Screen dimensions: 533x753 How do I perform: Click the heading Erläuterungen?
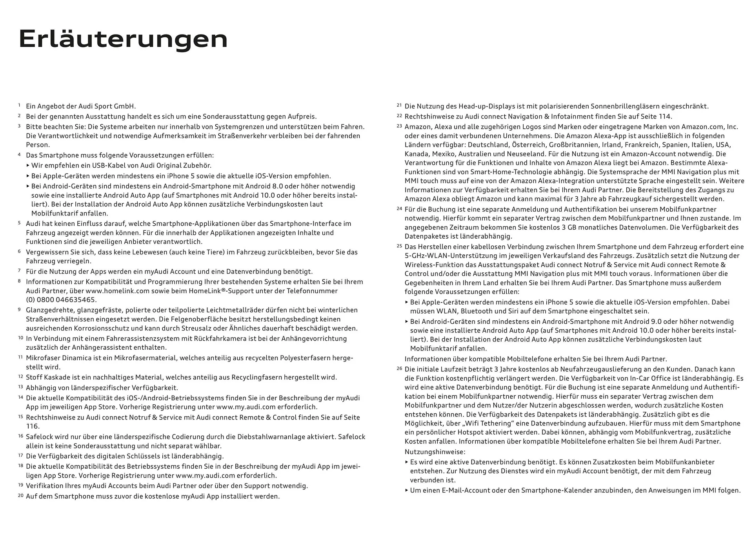(123, 39)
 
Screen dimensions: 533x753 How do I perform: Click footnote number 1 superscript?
(19, 105)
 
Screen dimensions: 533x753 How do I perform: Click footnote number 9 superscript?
(19, 309)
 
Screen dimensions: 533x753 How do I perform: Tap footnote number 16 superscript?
(20, 436)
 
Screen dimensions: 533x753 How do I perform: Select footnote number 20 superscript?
(20, 495)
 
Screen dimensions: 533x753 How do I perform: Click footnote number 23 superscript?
(399, 126)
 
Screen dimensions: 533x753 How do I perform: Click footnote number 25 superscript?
(399, 246)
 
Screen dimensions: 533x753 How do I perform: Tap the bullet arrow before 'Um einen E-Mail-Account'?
(407, 490)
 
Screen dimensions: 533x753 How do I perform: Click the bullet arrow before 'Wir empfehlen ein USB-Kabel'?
(28, 166)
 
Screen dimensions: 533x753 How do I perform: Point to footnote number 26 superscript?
(399, 368)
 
